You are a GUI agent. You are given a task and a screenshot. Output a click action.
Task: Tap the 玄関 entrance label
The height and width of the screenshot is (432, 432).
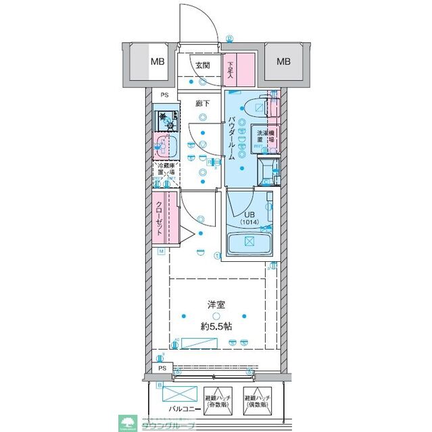(201, 65)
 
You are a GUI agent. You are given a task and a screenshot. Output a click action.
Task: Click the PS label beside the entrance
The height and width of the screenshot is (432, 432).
(164, 95)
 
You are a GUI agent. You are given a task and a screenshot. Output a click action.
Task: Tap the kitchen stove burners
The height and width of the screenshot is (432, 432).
(166, 121)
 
